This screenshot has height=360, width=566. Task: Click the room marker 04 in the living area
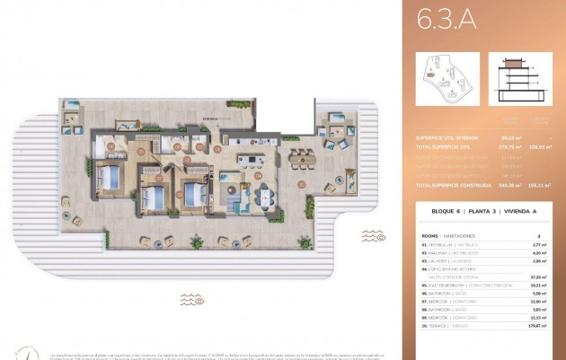tap(258, 176)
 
